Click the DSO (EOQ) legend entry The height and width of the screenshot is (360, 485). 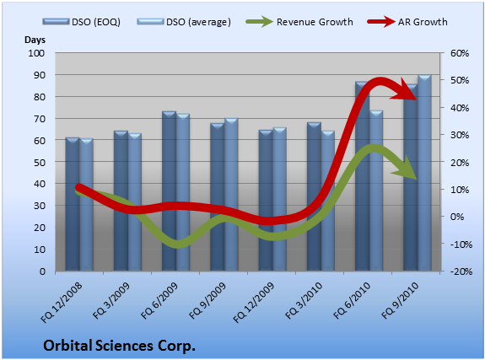click(x=82, y=22)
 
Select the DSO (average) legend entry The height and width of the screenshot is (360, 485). click(x=184, y=22)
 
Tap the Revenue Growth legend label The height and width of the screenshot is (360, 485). click(x=315, y=22)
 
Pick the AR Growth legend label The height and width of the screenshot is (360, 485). click(x=423, y=22)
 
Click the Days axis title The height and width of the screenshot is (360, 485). click(x=35, y=40)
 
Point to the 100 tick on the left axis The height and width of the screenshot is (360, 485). click(x=36, y=53)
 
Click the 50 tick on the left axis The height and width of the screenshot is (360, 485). click(x=40, y=162)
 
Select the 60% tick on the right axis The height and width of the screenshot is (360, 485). click(x=460, y=53)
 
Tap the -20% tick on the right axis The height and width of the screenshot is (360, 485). click(x=461, y=271)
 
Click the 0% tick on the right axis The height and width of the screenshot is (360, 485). click(x=457, y=217)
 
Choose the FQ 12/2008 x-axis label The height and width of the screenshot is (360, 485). click(x=62, y=302)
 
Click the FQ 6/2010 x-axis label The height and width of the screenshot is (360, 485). click(x=352, y=301)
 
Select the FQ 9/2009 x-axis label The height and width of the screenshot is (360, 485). click(x=207, y=301)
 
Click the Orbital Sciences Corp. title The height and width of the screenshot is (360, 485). click(x=120, y=346)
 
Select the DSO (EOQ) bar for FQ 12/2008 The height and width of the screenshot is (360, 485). click(x=73, y=204)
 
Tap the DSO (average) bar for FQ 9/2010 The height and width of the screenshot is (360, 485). click(x=424, y=173)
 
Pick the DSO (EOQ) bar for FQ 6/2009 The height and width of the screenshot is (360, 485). click(x=169, y=191)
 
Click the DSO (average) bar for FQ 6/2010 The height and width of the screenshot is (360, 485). click(x=376, y=191)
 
